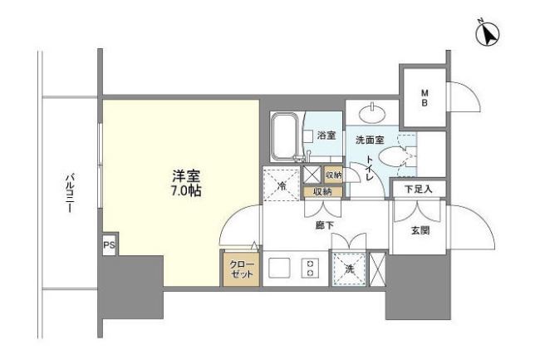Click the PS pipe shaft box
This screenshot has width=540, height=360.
(x=108, y=245)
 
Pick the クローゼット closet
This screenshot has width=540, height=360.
(x=241, y=269)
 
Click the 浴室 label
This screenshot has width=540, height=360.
(x=326, y=136)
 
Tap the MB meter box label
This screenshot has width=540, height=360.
(x=424, y=96)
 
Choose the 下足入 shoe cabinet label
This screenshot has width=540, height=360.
(x=418, y=190)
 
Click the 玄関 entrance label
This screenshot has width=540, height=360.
(x=420, y=230)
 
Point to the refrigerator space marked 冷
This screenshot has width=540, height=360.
(x=281, y=185)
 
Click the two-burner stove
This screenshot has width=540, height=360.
(x=310, y=269)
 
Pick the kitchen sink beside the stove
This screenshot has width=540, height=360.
(x=278, y=269)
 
